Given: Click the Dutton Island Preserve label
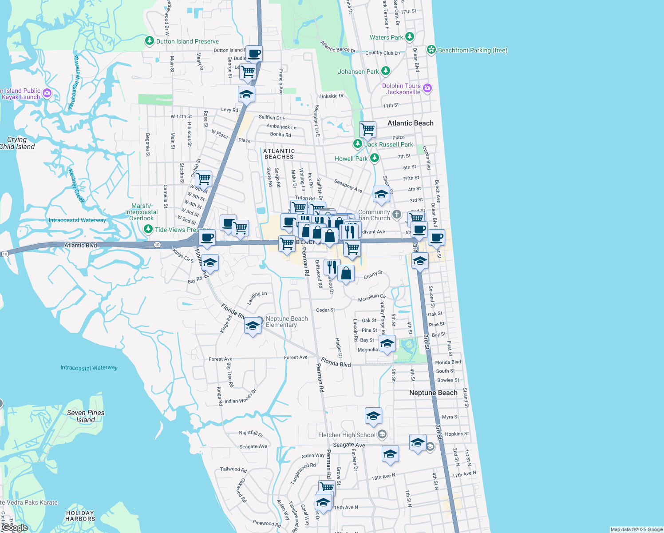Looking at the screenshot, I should (x=187, y=41).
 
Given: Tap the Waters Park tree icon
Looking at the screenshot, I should (x=410, y=36).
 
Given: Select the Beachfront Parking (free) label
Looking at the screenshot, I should (x=472, y=50).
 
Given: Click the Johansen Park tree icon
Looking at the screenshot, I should (x=386, y=71).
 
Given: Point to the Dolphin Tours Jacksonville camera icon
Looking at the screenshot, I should (x=427, y=88).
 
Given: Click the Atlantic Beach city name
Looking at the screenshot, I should (x=410, y=123).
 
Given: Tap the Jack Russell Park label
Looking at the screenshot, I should (x=388, y=144).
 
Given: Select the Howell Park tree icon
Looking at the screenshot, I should (x=375, y=158).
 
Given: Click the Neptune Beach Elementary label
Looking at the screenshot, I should (x=287, y=322).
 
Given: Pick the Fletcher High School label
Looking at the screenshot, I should (x=347, y=435).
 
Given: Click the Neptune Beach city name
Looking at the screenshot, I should (x=433, y=393).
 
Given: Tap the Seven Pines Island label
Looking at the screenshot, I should (x=86, y=416).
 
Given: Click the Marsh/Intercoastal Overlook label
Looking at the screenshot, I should (x=141, y=212).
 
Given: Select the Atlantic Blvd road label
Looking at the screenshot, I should (x=80, y=245).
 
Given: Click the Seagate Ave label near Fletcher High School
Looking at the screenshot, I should (x=349, y=445).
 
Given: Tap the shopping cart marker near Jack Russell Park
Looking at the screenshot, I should (x=368, y=129).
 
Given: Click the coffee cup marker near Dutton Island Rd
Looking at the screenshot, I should (x=254, y=54).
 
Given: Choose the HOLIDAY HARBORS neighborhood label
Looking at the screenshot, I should (x=80, y=516).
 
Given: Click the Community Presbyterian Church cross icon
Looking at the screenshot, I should (x=396, y=215).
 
